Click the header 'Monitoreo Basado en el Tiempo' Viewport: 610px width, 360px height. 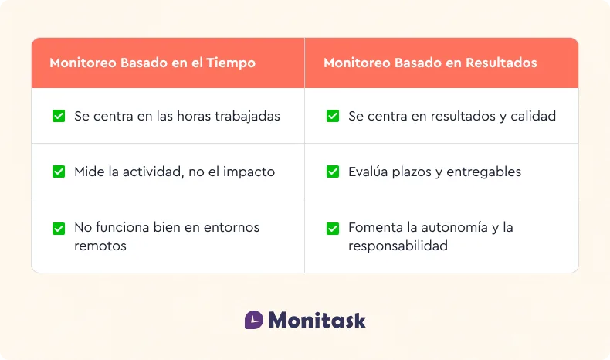coord(152,63)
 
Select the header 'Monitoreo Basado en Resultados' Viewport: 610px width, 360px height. coord(430,63)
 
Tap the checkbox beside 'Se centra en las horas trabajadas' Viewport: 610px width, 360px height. coord(59,116)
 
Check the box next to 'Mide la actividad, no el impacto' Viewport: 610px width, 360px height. coord(59,172)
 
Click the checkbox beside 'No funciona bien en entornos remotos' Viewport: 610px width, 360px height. coord(59,228)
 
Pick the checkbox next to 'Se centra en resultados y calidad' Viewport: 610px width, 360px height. coord(333,116)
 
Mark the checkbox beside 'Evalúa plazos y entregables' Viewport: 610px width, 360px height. coord(333,172)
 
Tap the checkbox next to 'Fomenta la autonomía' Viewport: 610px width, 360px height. coord(333,228)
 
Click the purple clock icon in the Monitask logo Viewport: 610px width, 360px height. coord(253,320)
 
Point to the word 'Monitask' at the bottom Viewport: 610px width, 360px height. coord(317,320)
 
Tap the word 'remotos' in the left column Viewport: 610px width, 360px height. coord(100,246)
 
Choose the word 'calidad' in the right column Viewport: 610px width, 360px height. coord(533,116)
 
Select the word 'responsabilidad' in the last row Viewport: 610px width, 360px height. coord(398,246)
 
